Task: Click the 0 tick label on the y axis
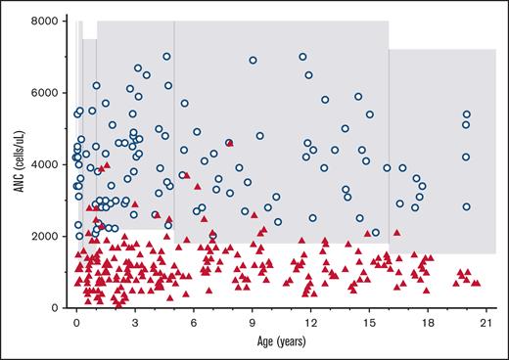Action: (58, 308)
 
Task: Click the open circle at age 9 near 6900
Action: (253, 60)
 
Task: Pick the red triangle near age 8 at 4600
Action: (229, 143)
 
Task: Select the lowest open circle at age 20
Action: (467, 206)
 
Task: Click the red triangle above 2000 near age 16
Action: (396, 232)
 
